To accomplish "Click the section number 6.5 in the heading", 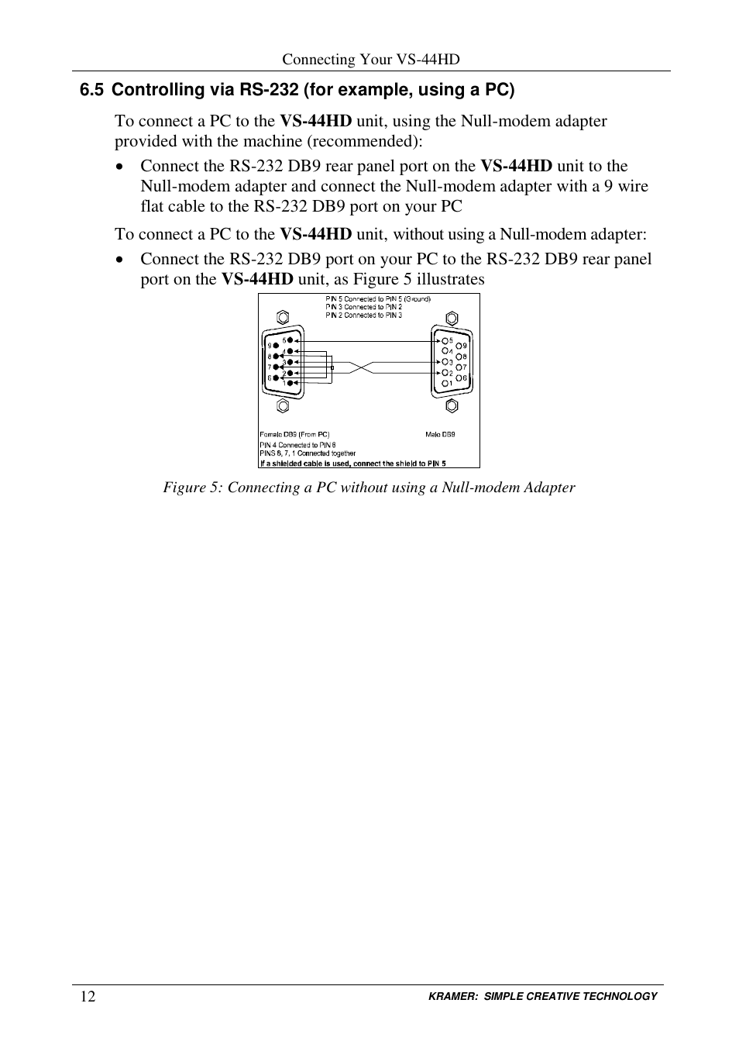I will pyautogui.click(x=91, y=90).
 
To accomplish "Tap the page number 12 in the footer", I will pyautogui.click(x=88, y=997).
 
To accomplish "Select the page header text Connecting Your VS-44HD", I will pyautogui.click(x=370, y=60).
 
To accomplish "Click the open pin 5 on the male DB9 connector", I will pyautogui.click(x=445, y=340).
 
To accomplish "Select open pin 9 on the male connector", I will pyautogui.click(x=459, y=346).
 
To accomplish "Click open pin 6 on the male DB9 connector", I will pyautogui.click(x=459, y=377).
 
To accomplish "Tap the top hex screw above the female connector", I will pyautogui.click(x=283, y=318).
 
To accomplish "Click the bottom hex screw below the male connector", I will pyautogui.click(x=452, y=405).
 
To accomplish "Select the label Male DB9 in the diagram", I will pyautogui.click(x=440, y=435).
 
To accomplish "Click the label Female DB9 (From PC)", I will pyautogui.click(x=294, y=435).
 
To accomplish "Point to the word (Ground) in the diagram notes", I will pyautogui.click(x=417, y=298).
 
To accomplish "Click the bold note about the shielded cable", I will pyautogui.click(x=353, y=464).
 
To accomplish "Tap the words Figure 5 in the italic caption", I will pyautogui.click(x=185, y=488).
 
